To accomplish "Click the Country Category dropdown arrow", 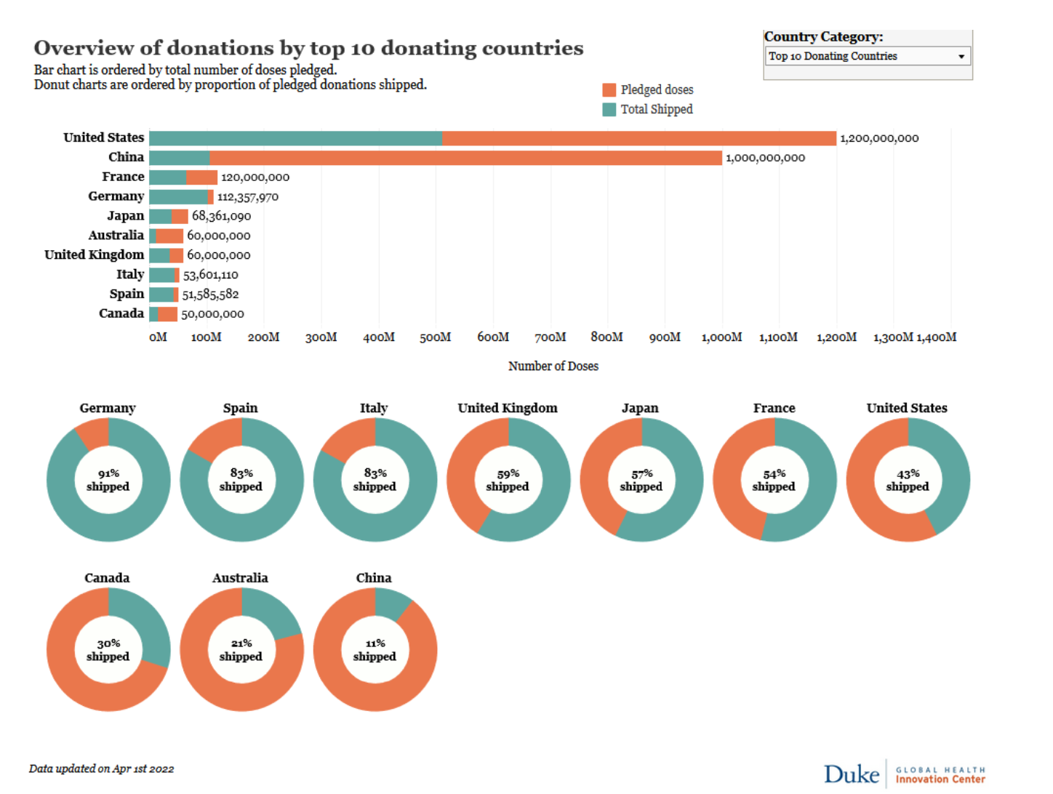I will [x=961, y=57].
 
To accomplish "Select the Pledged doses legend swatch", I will [x=609, y=90].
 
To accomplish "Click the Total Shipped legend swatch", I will [x=609, y=110].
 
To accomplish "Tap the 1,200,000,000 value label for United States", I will [x=879, y=138].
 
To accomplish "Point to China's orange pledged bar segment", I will [x=465, y=158].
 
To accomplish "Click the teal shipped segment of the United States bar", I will [x=295, y=138].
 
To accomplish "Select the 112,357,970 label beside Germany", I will [x=247, y=197].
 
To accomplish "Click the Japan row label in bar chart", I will [x=125, y=216].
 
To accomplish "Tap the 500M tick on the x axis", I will [x=435, y=337].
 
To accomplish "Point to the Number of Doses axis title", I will [x=553, y=366].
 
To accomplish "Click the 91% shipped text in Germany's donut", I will [x=108, y=480].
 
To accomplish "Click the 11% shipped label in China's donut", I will [x=375, y=650].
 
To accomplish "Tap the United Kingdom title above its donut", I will [x=508, y=408].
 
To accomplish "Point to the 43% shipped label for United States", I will [x=907, y=480].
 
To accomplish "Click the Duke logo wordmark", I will [x=852, y=774].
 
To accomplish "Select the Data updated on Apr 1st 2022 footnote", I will [x=102, y=769].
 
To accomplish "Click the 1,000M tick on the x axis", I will [x=721, y=337].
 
